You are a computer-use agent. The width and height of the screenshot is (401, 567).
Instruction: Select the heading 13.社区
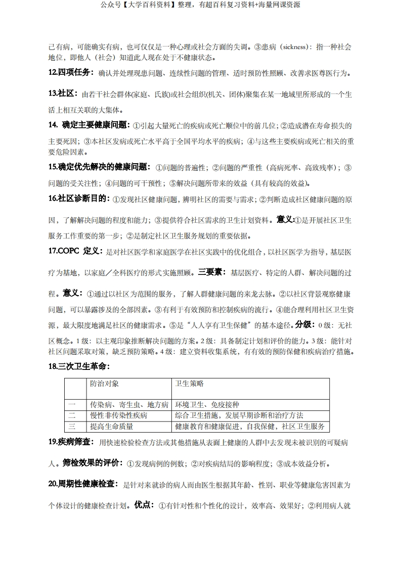(63, 93)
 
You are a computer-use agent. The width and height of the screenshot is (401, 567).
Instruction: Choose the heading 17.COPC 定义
(75, 251)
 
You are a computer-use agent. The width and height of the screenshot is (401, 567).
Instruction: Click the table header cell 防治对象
(104, 384)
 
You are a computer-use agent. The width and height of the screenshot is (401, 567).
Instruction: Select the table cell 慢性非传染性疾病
(118, 415)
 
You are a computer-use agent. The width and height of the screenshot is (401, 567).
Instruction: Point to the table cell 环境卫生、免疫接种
(207, 405)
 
